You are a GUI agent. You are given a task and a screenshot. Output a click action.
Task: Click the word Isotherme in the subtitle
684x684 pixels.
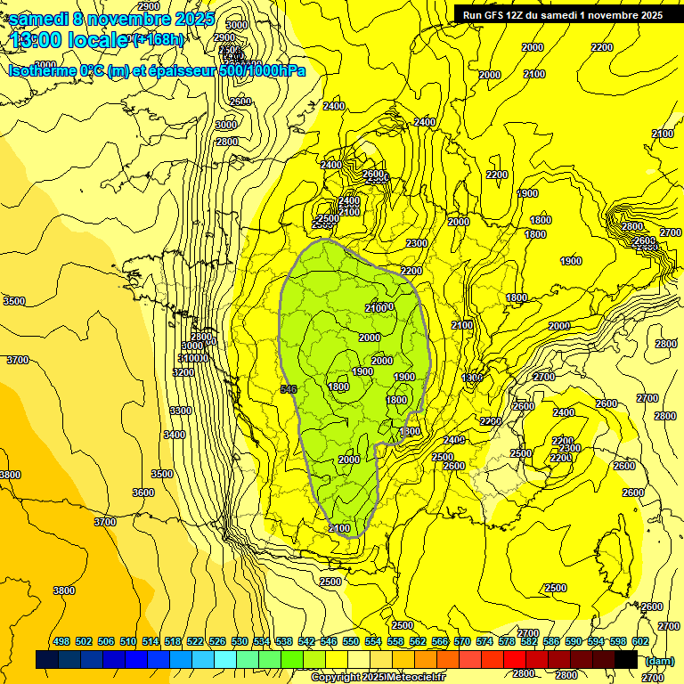click(42, 70)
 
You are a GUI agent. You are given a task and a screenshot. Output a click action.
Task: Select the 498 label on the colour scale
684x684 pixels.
click(61, 641)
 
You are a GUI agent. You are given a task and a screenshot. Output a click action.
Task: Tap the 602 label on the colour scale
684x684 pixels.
click(640, 641)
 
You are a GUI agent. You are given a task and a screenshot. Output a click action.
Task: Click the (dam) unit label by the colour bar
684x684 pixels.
click(659, 660)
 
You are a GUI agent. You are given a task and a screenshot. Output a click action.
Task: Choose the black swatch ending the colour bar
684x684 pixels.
click(626, 659)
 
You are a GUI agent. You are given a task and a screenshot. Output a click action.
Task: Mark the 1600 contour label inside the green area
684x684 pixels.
click(338, 387)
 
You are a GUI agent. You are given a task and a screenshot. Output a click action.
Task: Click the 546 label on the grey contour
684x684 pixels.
click(288, 389)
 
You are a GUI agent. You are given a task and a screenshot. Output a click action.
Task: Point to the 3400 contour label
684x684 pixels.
click(175, 435)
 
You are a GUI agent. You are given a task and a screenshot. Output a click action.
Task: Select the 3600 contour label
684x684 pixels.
click(142, 493)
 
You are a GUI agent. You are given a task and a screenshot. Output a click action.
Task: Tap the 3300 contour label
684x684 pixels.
click(180, 411)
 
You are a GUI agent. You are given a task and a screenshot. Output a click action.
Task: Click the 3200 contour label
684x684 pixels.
click(183, 372)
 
